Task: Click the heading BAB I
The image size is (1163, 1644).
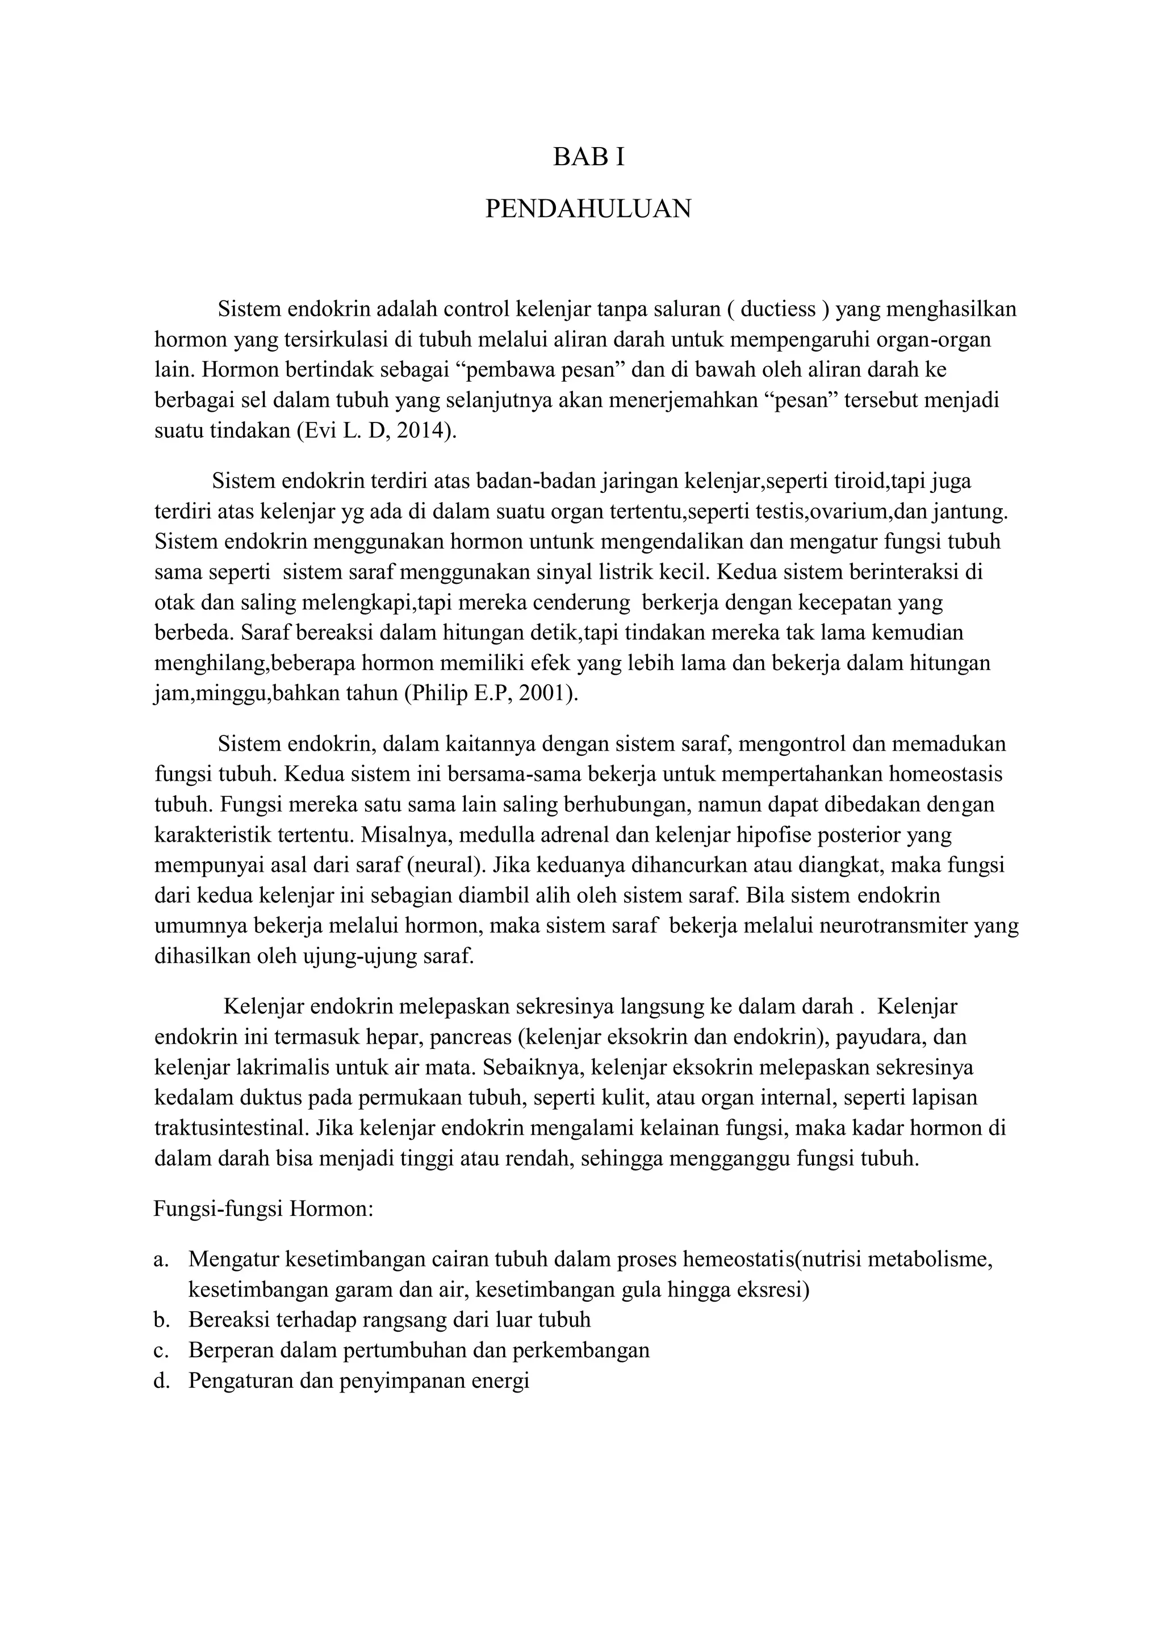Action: pyautogui.click(x=589, y=157)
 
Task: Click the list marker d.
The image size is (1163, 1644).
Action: pyautogui.click(x=160, y=1380)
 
